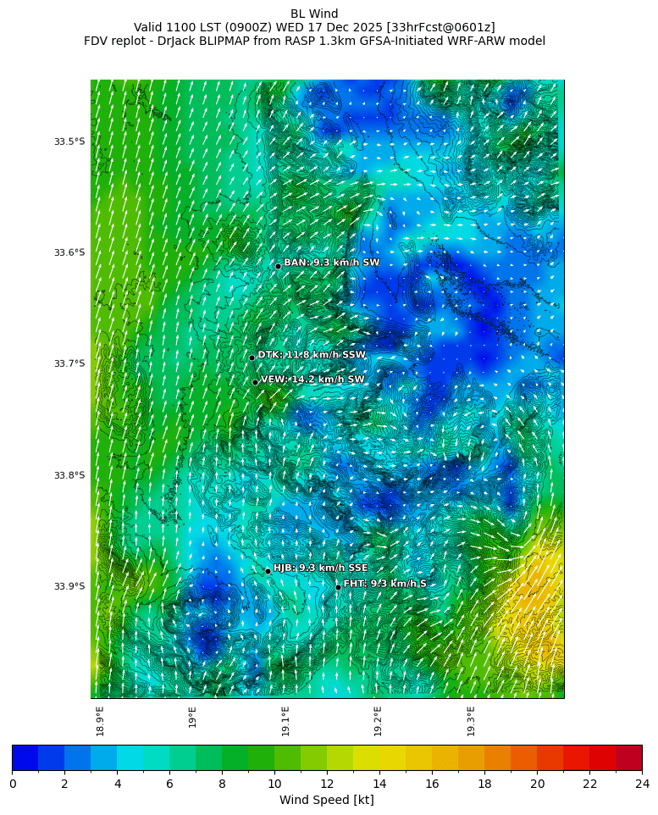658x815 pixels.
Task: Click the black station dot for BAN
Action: tap(278, 266)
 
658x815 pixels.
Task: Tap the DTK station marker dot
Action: tap(252, 358)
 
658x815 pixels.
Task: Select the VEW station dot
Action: tap(255, 382)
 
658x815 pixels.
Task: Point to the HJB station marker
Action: tap(268, 571)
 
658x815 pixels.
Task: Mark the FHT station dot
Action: tap(338, 587)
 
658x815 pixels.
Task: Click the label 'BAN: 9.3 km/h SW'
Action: tap(332, 263)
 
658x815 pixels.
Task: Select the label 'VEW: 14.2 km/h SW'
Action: tap(312, 380)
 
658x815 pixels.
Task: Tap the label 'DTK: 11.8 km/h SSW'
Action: tap(312, 355)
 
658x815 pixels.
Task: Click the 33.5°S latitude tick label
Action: tap(69, 141)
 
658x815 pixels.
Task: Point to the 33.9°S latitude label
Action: tap(69, 586)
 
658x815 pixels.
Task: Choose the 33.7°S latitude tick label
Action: tap(69, 363)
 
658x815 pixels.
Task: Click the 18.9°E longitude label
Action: tap(100, 721)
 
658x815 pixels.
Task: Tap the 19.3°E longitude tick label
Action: tap(471, 721)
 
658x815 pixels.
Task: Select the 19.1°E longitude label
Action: tap(285, 721)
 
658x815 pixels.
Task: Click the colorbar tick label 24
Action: tap(641, 784)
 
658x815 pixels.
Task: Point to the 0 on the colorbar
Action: tap(13, 784)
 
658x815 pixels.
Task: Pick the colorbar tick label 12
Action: tap(327, 784)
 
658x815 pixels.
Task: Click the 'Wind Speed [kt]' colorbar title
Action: tap(326, 800)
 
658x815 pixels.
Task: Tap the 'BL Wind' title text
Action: tap(314, 14)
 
